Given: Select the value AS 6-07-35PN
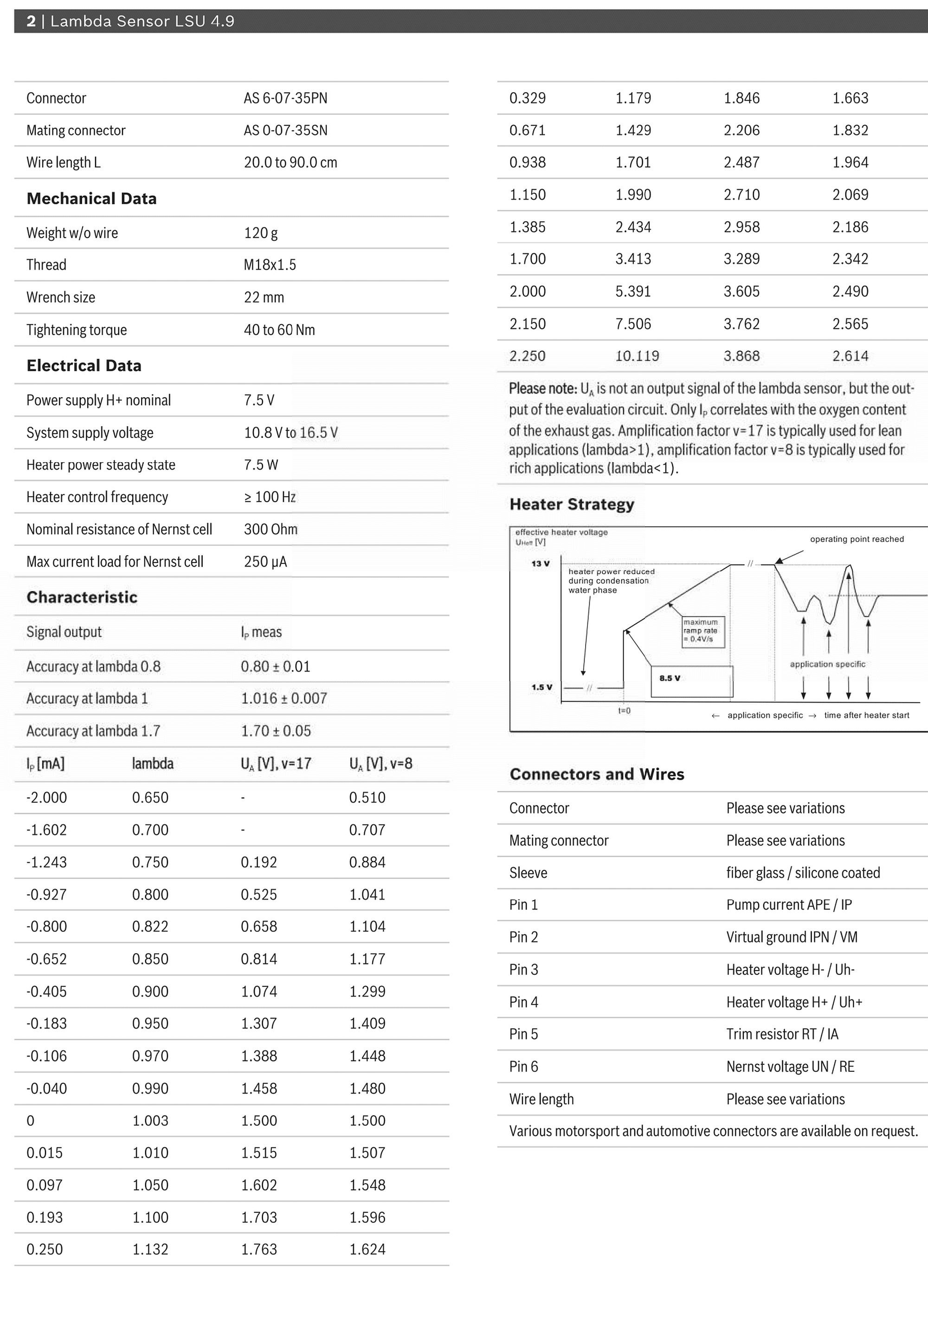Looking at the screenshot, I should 285,98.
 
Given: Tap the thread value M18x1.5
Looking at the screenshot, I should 270,265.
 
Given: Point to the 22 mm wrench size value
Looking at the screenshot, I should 264,297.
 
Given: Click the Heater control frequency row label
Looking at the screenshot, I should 97,497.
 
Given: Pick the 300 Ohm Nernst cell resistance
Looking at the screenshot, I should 271,529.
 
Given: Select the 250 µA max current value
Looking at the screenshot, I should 265,562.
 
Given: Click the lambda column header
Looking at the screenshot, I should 152,764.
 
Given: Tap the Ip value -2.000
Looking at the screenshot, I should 46,797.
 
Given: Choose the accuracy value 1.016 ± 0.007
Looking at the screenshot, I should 284,699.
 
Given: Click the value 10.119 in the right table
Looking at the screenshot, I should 637,356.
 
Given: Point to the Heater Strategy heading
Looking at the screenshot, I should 572,504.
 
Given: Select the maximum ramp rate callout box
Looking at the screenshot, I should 703,631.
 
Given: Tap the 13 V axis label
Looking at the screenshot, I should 540,563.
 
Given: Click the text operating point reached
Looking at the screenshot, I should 857,539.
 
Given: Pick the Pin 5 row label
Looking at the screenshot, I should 523,1034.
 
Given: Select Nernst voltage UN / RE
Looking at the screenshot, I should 790,1067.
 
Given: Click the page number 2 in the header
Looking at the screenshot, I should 31,21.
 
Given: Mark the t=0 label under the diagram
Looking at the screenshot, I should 624,711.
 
